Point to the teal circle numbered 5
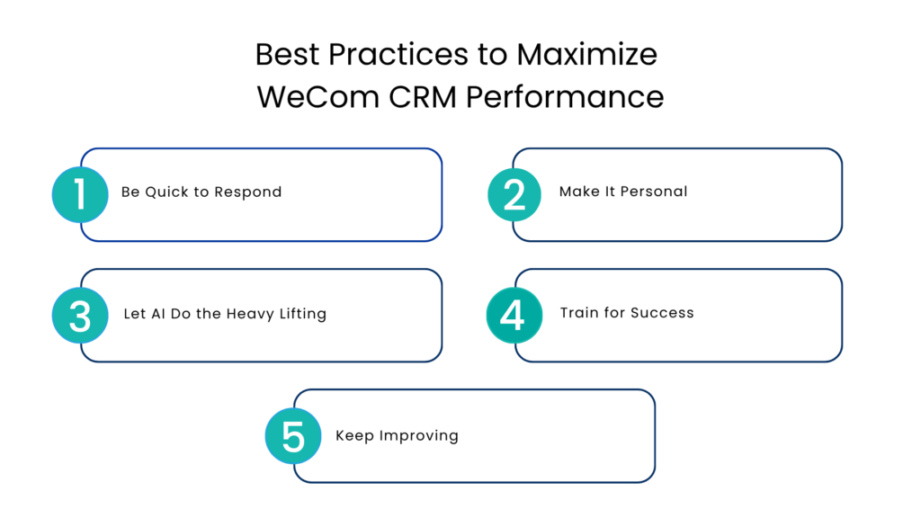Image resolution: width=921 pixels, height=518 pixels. click(292, 436)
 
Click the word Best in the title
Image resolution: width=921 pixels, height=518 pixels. click(287, 55)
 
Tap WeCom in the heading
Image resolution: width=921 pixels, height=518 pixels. click(317, 96)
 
